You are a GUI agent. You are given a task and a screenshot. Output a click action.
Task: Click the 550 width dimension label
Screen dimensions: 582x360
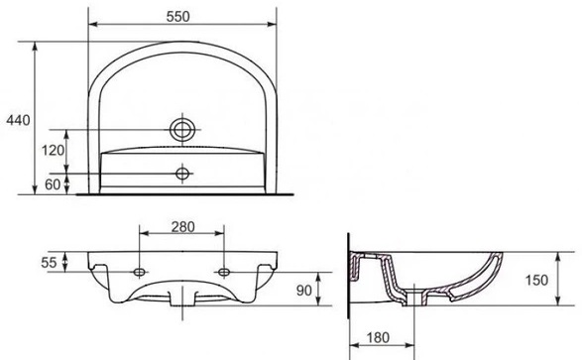(177, 16)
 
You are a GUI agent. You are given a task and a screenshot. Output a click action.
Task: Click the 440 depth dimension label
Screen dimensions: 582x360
(18, 120)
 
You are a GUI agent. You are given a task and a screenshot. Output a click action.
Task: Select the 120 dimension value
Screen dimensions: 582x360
(53, 151)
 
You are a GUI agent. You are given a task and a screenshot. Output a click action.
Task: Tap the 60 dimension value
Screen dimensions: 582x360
(53, 184)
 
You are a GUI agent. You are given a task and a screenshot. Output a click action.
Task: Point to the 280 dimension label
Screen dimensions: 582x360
(182, 227)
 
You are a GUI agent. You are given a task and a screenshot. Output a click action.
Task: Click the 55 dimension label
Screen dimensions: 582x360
(49, 263)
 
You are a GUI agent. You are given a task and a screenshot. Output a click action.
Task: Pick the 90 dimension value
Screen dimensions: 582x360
(304, 291)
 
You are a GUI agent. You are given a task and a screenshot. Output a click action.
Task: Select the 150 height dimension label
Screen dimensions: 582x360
(536, 280)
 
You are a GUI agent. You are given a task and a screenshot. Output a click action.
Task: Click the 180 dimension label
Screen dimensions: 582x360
(378, 338)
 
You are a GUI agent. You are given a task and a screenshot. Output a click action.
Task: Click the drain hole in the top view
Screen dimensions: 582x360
(182, 130)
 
